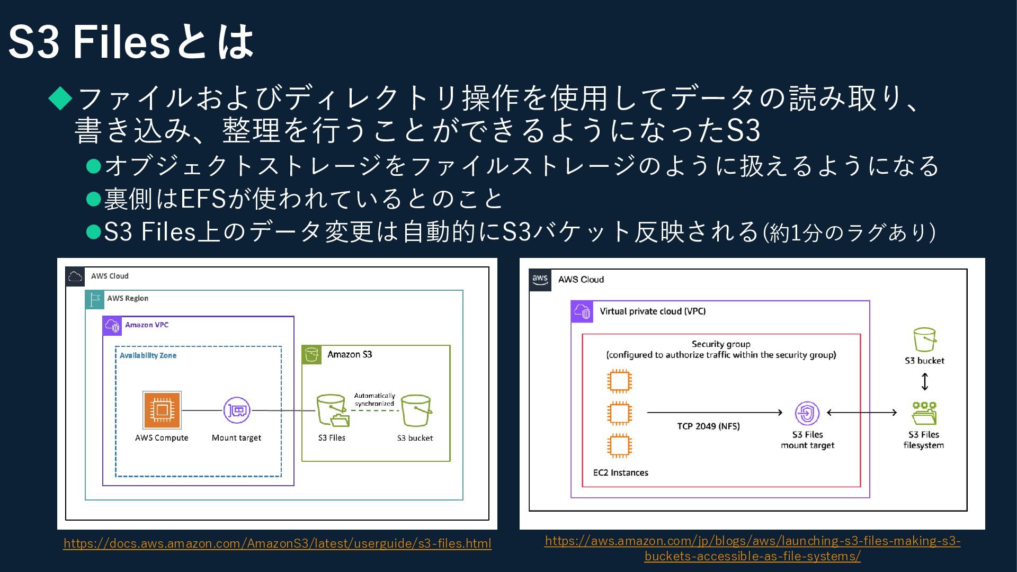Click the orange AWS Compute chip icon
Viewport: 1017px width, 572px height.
pos(162,410)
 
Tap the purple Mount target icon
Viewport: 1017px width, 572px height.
pos(236,410)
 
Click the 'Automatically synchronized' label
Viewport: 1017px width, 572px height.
pos(374,399)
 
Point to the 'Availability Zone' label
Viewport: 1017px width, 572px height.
pos(148,355)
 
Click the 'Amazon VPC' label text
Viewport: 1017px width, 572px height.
pos(147,325)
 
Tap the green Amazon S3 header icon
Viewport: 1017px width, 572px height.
pos(311,354)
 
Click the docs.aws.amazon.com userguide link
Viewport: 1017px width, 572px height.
pos(277,543)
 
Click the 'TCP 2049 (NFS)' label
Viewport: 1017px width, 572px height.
pos(708,426)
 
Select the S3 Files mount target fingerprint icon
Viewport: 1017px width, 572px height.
pos(807,413)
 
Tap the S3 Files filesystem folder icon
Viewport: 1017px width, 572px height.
pos(924,413)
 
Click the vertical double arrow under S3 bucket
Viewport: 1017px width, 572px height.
pos(924,381)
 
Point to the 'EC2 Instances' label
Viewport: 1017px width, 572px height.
pos(620,472)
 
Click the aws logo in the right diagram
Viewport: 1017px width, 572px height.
pos(540,280)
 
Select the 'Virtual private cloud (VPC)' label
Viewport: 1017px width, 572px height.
pos(653,311)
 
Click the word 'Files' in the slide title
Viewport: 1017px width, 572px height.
pos(121,42)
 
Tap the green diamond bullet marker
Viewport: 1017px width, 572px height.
pos(60,98)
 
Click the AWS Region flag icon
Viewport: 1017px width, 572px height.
pos(95,299)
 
